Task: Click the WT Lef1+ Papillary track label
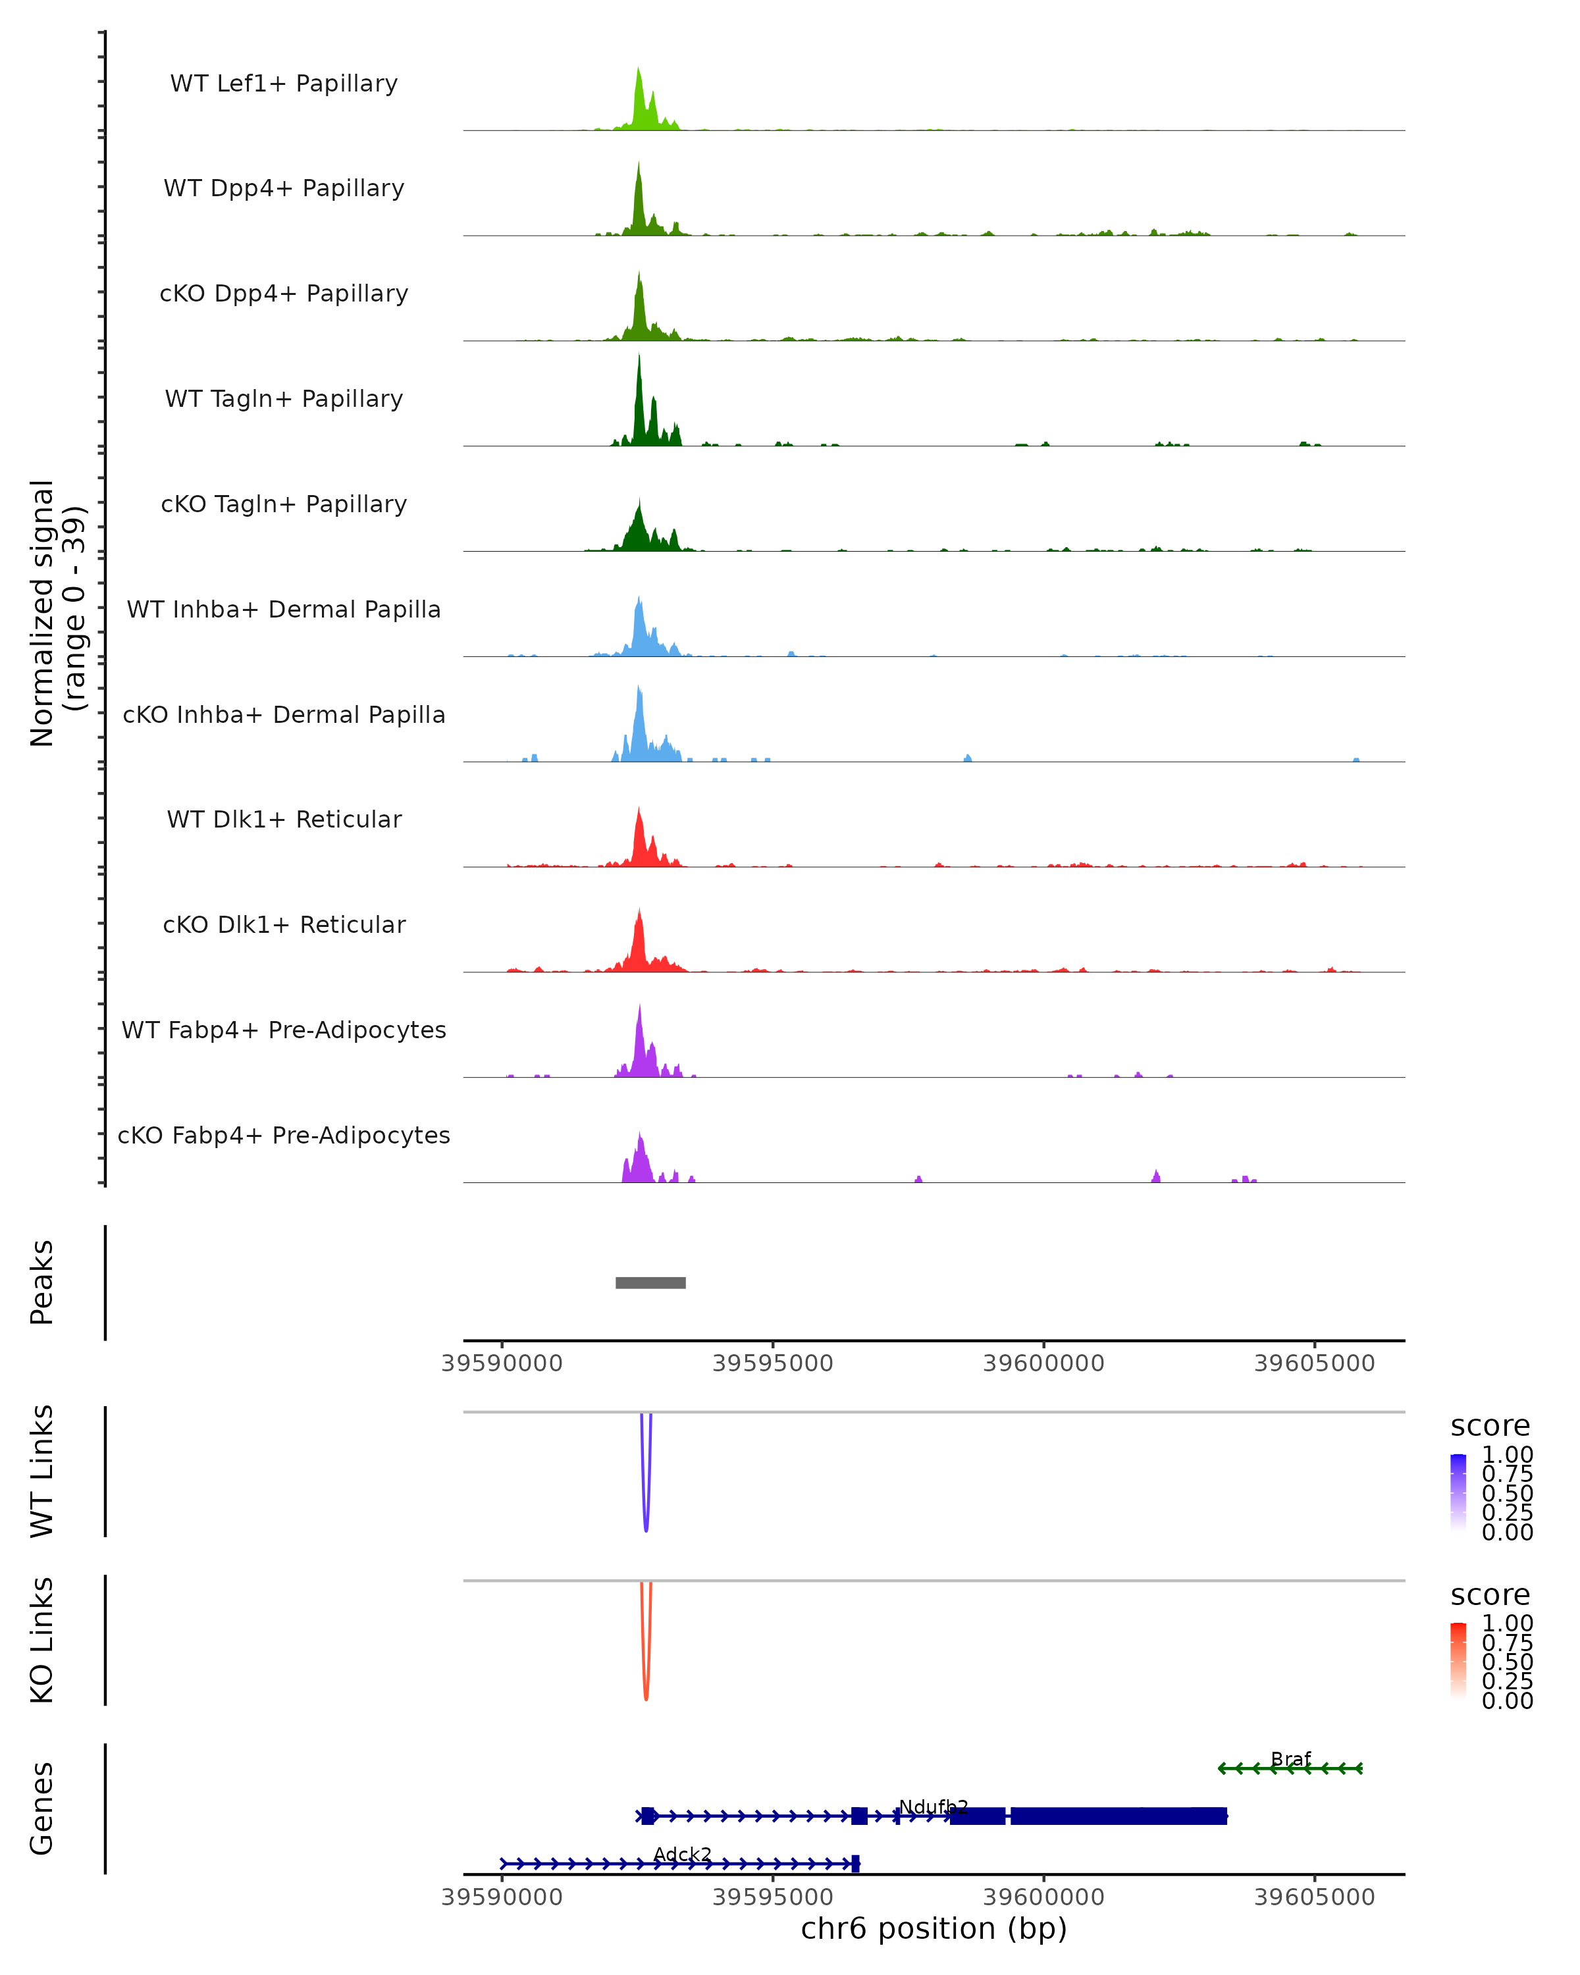(284, 84)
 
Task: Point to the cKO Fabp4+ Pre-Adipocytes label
(284, 1135)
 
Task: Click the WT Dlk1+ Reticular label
(284, 819)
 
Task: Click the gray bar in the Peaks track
(650, 1282)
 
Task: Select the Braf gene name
(1290, 1759)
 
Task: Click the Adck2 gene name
(683, 1854)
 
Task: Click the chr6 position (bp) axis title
(934, 1928)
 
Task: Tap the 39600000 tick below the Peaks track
(1043, 1363)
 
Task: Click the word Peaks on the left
(42, 1282)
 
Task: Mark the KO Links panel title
(42, 1640)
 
